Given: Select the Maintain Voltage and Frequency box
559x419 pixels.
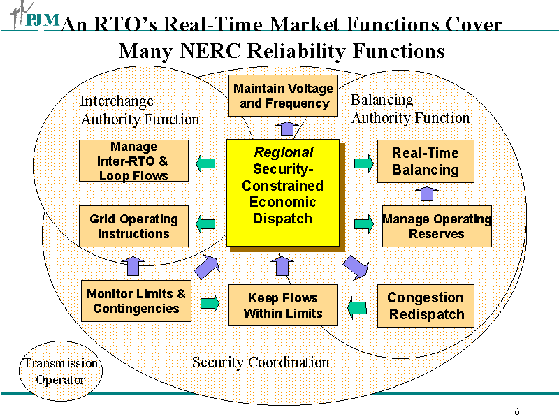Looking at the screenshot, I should click(x=283, y=96).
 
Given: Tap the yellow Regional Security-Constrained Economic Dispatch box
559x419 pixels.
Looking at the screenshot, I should click(x=283, y=193).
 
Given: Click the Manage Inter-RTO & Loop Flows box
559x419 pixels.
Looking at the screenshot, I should click(x=133, y=161).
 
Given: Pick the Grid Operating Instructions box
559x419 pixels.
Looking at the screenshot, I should click(x=133, y=226).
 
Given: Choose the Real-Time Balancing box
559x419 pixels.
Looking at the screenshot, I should click(x=426, y=161).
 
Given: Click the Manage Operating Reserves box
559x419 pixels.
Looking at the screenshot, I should click(x=437, y=226).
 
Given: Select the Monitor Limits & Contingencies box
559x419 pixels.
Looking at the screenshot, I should click(x=136, y=301).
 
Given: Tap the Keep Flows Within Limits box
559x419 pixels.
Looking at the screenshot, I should click(x=283, y=305).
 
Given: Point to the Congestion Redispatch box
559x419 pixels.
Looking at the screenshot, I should click(x=426, y=306).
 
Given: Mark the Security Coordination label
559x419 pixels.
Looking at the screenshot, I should click(x=260, y=362).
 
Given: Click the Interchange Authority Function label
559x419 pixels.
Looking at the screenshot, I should click(x=140, y=110).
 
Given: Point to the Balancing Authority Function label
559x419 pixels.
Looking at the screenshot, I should click(x=410, y=109).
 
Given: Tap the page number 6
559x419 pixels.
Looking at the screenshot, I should click(x=516, y=411).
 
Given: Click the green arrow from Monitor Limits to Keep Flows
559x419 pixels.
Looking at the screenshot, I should click(x=210, y=303).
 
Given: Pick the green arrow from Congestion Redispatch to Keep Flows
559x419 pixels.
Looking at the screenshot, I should click(x=357, y=306).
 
